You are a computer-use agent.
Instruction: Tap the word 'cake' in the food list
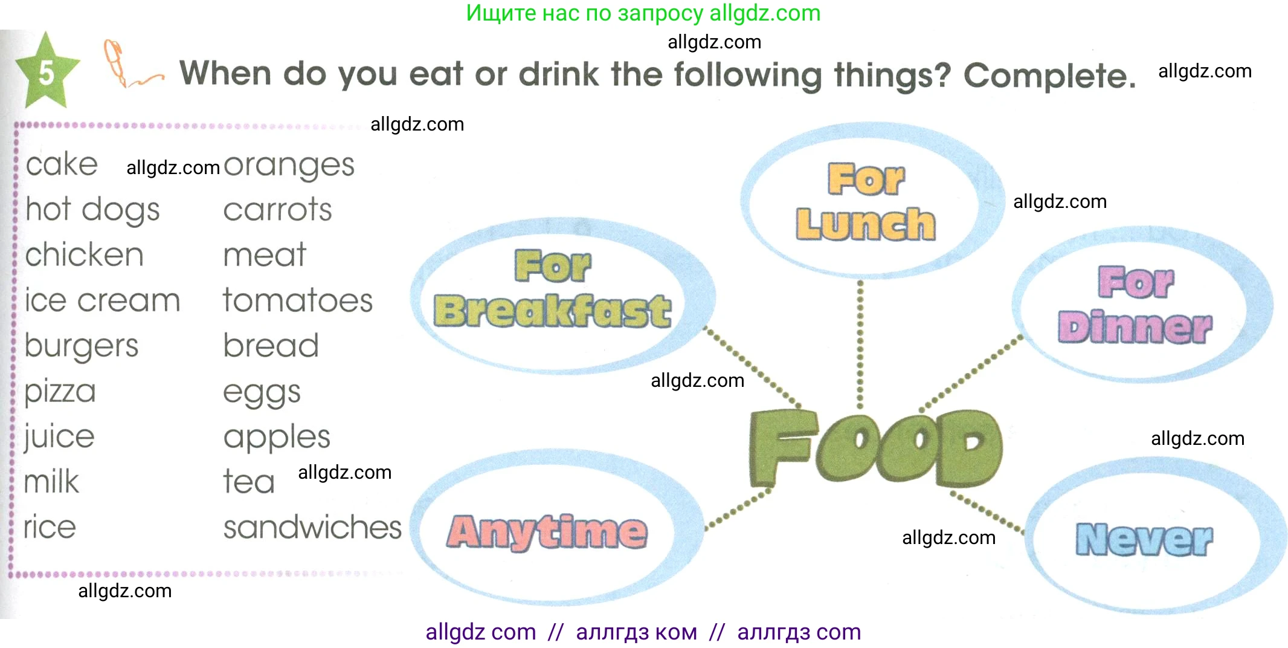click(x=62, y=164)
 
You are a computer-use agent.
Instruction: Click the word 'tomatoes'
click(x=298, y=300)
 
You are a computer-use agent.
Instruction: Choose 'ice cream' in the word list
click(x=102, y=300)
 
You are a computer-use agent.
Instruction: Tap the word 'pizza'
click(x=60, y=392)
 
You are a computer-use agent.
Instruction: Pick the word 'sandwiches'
click(x=312, y=527)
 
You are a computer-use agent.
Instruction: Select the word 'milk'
click(x=51, y=482)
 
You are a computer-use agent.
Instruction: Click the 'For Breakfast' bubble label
click(x=552, y=289)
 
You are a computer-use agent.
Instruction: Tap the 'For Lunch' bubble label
click(x=866, y=201)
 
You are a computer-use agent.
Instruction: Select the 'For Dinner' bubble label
click(x=1135, y=305)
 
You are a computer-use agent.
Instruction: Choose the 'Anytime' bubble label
click(x=547, y=532)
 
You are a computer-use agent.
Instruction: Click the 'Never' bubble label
click(x=1144, y=539)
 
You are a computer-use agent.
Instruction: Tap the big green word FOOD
click(x=875, y=448)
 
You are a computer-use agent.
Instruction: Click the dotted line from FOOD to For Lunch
click(x=860, y=345)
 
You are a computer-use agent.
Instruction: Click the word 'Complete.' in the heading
click(x=1050, y=76)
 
